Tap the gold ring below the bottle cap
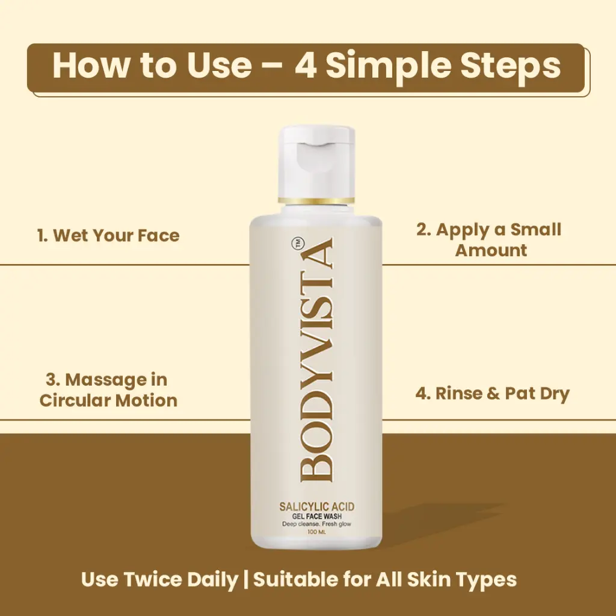pyautogui.click(x=316, y=200)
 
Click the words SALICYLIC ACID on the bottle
pyautogui.click(x=316, y=507)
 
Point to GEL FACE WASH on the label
pyautogui.click(x=316, y=516)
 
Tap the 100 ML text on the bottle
pyautogui.click(x=316, y=532)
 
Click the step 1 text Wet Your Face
pyautogui.click(x=108, y=235)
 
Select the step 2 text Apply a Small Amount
pyautogui.click(x=489, y=239)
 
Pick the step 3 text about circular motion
pyautogui.click(x=108, y=390)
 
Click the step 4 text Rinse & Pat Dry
pyautogui.click(x=492, y=393)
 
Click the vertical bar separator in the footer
pyautogui.click(x=245, y=579)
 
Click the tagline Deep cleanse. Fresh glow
pyautogui.click(x=316, y=524)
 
